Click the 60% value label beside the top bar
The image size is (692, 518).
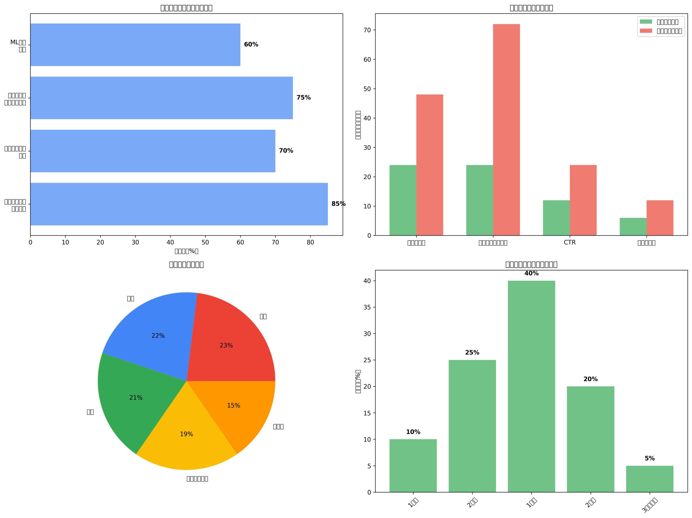coord(251,44)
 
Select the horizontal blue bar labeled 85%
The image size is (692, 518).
coord(179,204)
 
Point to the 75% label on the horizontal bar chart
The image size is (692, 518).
coord(304,98)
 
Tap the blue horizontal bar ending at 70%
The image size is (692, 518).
coord(153,151)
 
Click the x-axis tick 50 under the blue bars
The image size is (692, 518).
coord(205,242)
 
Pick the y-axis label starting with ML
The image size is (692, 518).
coord(18,46)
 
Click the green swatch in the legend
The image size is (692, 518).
coord(646,22)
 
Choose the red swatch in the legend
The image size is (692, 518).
coord(646,31)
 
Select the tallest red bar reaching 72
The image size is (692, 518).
coord(506,130)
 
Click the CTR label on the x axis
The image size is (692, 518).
coord(569,242)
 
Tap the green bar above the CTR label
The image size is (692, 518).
coord(556,217)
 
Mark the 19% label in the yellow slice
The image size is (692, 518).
coord(187,434)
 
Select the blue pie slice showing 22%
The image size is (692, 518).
coord(153,332)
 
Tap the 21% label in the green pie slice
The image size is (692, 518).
coord(136,398)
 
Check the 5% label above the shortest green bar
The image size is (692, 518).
coord(650,458)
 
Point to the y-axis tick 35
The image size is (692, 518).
coord(367,307)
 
